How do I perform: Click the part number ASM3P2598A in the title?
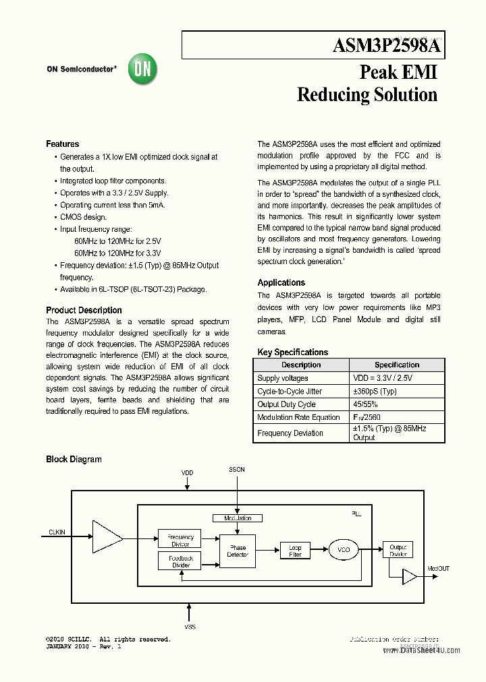point(387,46)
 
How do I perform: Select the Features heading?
point(62,144)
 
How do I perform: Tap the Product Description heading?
point(84,311)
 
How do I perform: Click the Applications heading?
point(281,283)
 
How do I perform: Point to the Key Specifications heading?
point(293,352)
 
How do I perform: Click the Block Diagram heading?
point(74,460)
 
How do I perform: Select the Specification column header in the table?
point(397,365)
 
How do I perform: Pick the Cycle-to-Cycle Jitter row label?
point(290,392)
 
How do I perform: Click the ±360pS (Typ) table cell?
point(375,392)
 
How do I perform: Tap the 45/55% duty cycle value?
point(365,404)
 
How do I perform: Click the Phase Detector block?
point(238,551)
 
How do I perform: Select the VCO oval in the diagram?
point(344,551)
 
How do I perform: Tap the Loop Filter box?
point(295,551)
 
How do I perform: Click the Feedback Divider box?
point(180,561)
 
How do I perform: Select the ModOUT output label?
point(438,569)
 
